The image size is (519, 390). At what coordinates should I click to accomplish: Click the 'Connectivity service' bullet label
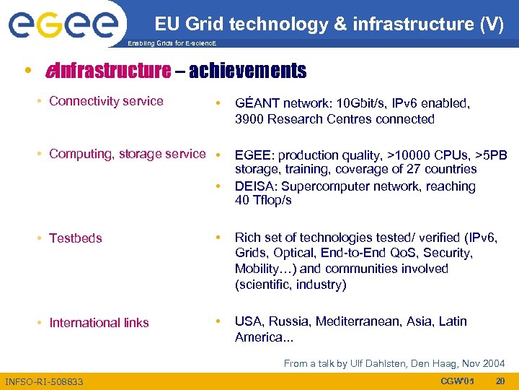coord(106,101)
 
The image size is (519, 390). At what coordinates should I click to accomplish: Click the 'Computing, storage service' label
coord(127,154)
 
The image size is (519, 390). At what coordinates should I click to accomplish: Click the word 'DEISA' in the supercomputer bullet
coord(254,186)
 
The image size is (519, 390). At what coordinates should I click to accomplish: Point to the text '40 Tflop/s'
coord(263,200)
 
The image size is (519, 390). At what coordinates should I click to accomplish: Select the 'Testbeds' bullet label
coord(75,238)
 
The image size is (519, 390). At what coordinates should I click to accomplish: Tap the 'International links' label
coord(99,323)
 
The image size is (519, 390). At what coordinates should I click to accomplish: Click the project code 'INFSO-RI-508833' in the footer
coord(44,381)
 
